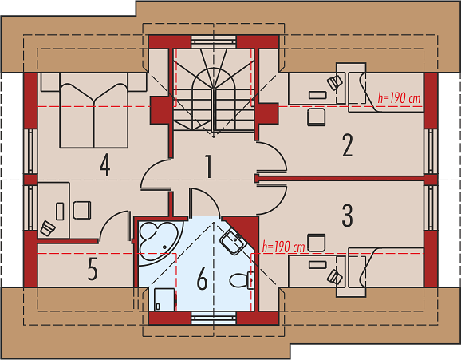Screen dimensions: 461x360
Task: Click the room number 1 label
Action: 208,167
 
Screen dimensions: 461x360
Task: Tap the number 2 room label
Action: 347,145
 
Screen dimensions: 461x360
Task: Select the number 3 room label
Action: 347,216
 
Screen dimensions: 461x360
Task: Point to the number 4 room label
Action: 105,166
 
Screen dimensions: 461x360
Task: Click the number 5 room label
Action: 93,269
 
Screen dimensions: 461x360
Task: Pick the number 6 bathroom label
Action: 202,279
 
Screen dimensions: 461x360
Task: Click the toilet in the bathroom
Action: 242,280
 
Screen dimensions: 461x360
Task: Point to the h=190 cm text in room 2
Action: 399,98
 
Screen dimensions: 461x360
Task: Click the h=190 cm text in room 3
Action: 283,247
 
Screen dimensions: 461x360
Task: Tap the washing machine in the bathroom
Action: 165,299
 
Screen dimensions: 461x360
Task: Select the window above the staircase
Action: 214,42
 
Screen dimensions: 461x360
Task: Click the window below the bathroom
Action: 214,318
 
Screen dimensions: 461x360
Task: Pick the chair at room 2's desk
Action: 317,117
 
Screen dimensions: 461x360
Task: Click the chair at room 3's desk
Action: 317,243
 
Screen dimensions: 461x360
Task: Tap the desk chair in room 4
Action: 82,210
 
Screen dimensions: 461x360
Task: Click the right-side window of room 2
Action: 431,151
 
